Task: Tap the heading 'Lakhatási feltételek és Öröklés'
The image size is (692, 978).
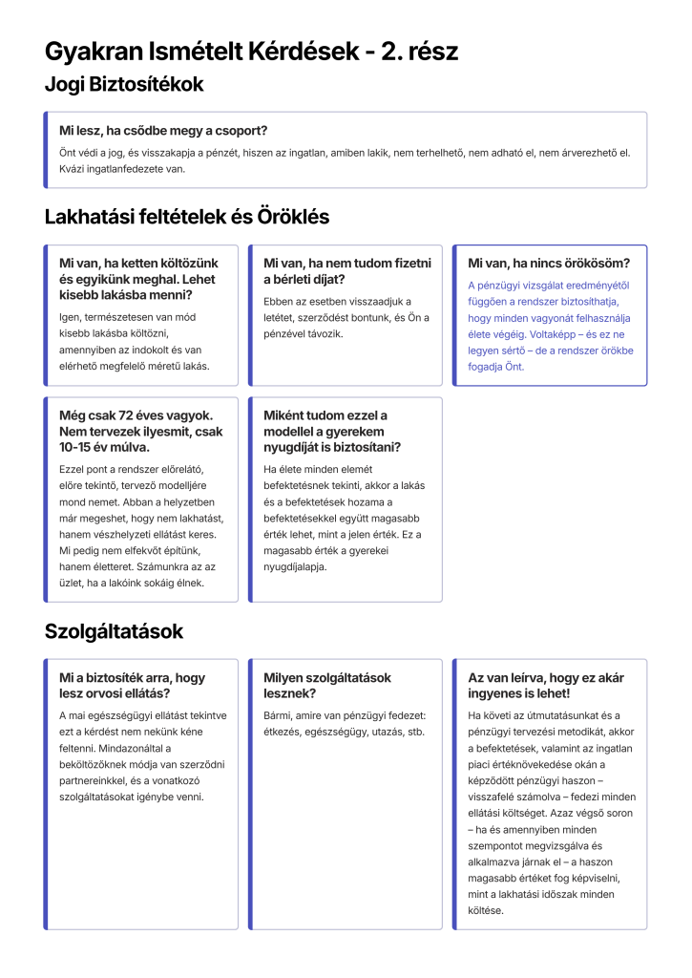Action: coord(187,217)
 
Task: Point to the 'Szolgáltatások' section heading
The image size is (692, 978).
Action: coord(114,631)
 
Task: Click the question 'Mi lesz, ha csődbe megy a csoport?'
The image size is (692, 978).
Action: coord(163,130)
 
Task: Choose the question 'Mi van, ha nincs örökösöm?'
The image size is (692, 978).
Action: coord(549,263)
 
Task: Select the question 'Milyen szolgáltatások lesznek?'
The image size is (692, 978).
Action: coord(327,685)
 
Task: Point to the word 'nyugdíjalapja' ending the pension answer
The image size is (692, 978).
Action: coord(296,567)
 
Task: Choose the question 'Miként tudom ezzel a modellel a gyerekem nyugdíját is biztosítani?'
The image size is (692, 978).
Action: coord(332,431)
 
